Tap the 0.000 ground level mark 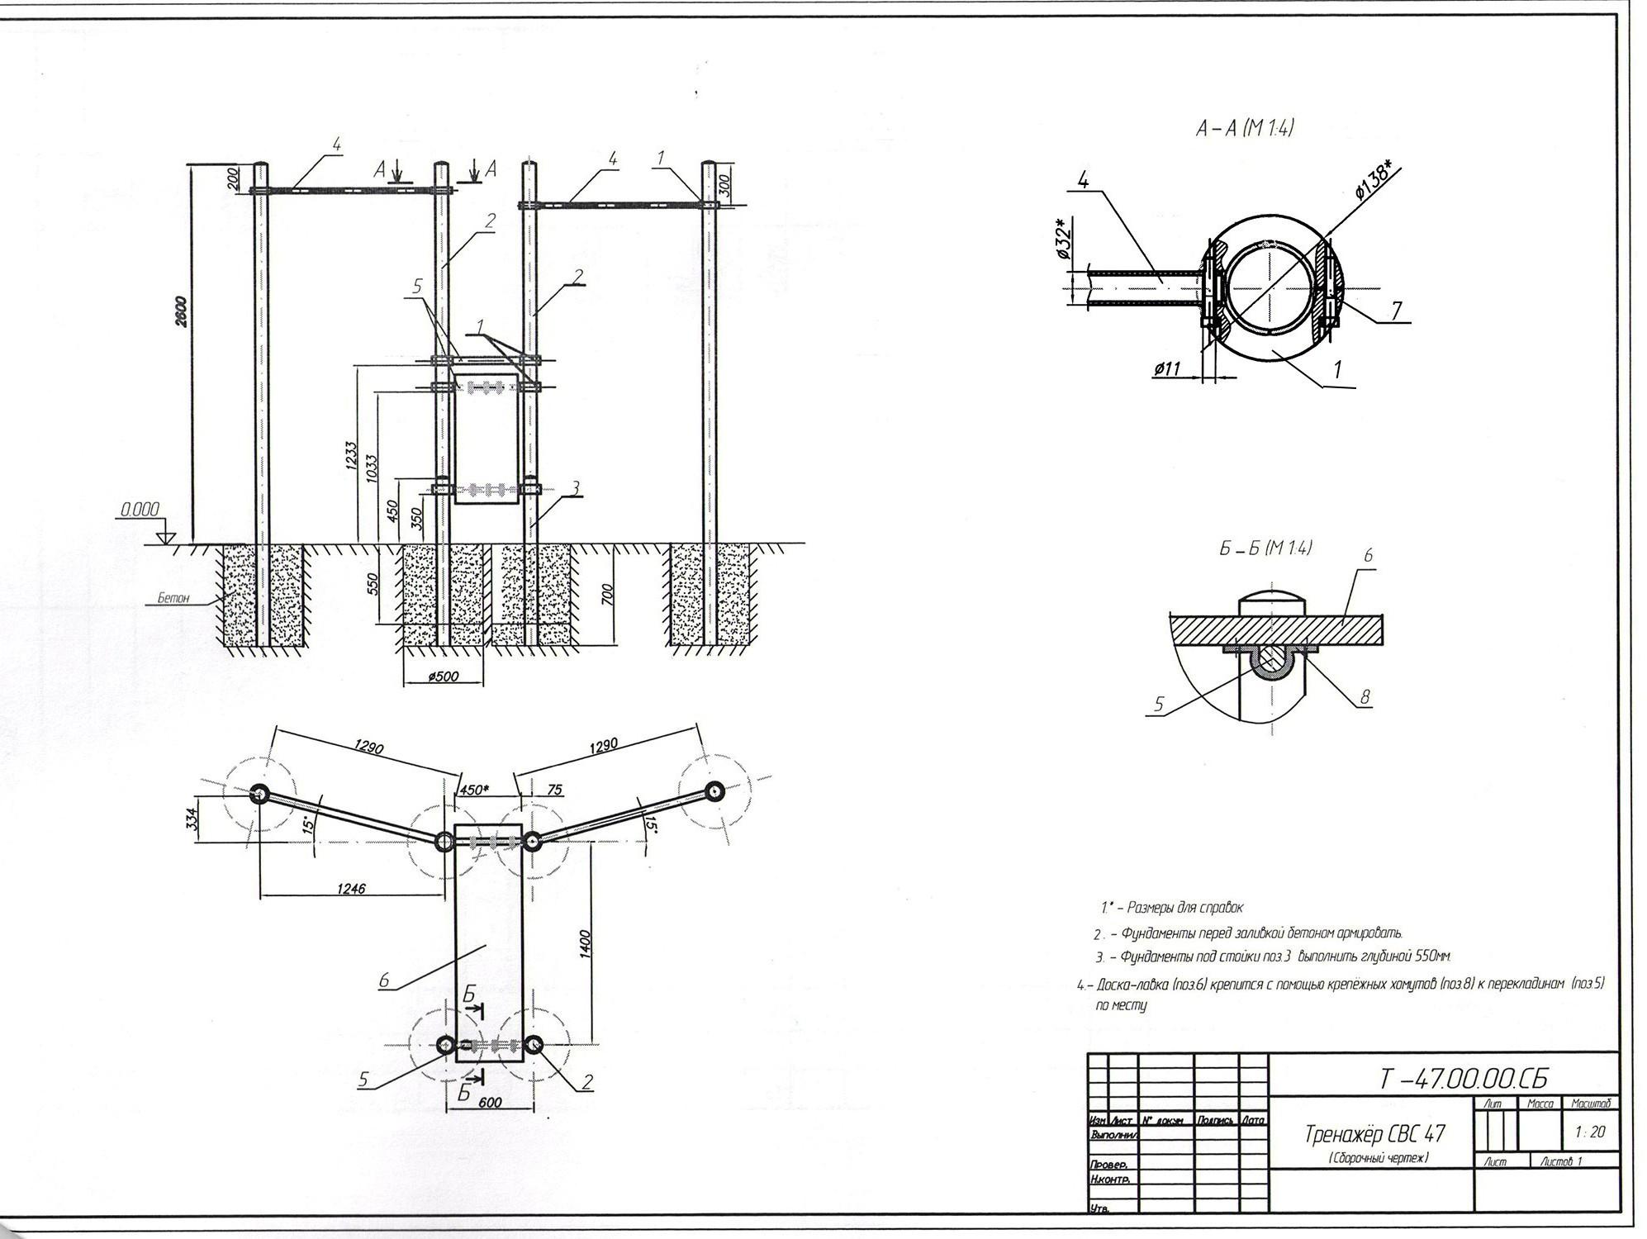point(140,510)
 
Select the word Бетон point(174,597)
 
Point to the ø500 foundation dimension point(443,676)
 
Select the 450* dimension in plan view point(473,790)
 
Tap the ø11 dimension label point(1166,369)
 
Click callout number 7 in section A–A point(1396,311)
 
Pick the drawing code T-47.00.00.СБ point(1463,1079)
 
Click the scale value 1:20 point(1589,1132)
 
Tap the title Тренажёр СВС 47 point(1374,1133)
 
